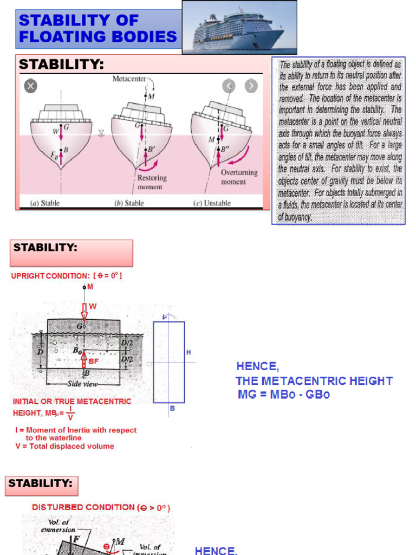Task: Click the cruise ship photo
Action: click(239, 27)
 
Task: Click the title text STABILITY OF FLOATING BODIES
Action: click(98, 29)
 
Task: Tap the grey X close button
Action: click(31, 86)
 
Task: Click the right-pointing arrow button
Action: click(251, 86)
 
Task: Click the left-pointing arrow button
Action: click(229, 86)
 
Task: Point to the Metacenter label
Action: click(129, 79)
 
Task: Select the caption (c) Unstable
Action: click(212, 203)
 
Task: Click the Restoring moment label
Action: click(152, 182)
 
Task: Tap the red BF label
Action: click(94, 360)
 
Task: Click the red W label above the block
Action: click(93, 307)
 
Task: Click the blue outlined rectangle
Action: click(168, 362)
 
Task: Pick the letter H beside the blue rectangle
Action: click(188, 352)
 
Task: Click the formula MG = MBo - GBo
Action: click(283, 395)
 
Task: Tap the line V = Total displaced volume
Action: click(64, 446)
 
